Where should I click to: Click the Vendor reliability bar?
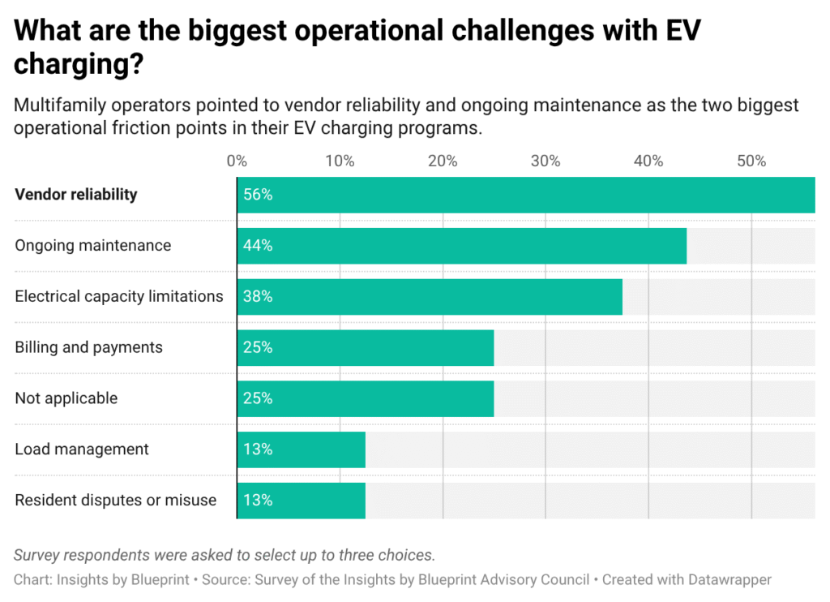[x=525, y=195]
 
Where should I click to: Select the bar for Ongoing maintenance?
[x=462, y=246]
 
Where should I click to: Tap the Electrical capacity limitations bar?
[x=430, y=297]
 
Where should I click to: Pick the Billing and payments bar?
[x=366, y=348]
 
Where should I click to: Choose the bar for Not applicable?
[x=366, y=399]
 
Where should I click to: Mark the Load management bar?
[x=302, y=449]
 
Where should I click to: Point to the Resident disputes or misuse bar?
[x=302, y=501]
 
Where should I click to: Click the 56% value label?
[x=258, y=196]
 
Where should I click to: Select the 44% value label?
[x=258, y=246]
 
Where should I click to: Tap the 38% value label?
[x=258, y=297]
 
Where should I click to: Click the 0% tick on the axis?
[x=237, y=161]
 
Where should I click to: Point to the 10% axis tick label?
[x=340, y=161]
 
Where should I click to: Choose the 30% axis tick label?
[x=545, y=161]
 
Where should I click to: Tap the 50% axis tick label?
[x=751, y=161]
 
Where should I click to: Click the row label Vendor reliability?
[x=76, y=195]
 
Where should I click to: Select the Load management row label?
[x=82, y=449]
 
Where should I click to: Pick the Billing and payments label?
[x=89, y=348]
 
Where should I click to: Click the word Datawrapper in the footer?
[x=729, y=580]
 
